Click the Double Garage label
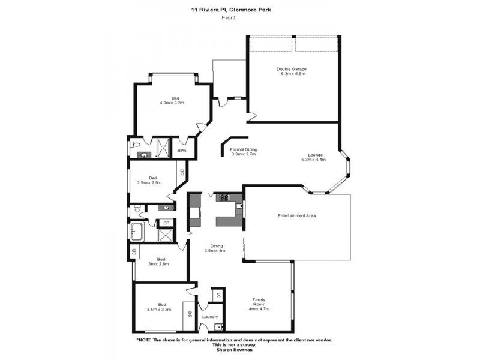pyautogui.click(x=292, y=68)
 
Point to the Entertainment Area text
pyautogui.click(x=296, y=215)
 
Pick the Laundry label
pyautogui.click(x=210, y=317)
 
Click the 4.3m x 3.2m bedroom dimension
pyautogui.click(x=172, y=103)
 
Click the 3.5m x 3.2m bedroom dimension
pyautogui.click(x=159, y=310)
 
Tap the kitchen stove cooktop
pyautogui.click(x=226, y=197)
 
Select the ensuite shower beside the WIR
pyautogui.click(x=161, y=148)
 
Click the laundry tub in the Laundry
pyautogui.click(x=218, y=327)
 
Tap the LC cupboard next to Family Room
pyautogui.click(x=218, y=295)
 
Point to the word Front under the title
pyautogui.click(x=228, y=18)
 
